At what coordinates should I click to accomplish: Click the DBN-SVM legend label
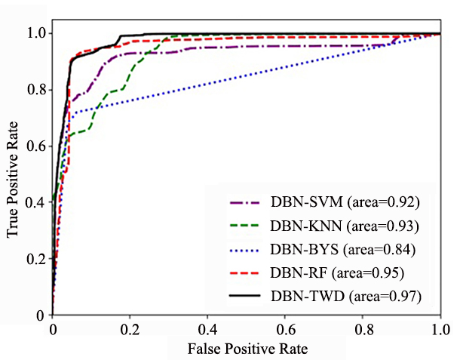tap(345, 202)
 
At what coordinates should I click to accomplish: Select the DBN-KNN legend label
tap(345, 226)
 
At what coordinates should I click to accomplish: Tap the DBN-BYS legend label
tap(343, 250)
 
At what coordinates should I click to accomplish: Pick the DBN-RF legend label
tap(337, 272)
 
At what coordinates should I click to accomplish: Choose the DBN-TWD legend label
tap(346, 296)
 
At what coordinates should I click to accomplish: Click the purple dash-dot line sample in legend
tap(245, 203)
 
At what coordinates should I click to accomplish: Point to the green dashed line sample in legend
tap(245, 226)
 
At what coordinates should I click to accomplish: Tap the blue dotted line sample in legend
tap(245, 251)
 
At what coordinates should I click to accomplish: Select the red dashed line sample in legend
tap(245, 273)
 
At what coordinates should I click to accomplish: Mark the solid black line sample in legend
tap(245, 295)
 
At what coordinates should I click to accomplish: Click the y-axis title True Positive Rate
tap(12, 179)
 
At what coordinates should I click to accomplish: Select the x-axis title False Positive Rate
tap(247, 349)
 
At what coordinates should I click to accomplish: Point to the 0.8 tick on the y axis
tap(37, 90)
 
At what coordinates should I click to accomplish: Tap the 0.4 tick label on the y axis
tap(35, 202)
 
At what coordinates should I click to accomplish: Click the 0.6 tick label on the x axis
tap(286, 330)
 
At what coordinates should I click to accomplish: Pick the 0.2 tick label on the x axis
tap(130, 330)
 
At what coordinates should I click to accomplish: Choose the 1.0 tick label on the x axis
tap(441, 330)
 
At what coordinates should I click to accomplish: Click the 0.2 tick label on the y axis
tap(36, 259)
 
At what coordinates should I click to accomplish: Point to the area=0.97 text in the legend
tap(385, 296)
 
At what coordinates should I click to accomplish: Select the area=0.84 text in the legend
tap(379, 250)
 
